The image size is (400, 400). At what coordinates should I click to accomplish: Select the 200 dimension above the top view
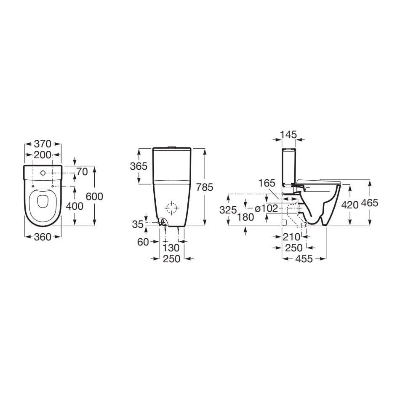(x=43, y=155)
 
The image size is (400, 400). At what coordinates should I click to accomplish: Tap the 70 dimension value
(x=82, y=172)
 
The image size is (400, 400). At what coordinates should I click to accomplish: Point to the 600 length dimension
(x=94, y=196)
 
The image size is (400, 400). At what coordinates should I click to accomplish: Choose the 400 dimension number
(x=75, y=206)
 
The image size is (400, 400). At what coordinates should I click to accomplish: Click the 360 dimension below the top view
(x=43, y=237)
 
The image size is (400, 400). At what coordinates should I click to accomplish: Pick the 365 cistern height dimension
(x=139, y=166)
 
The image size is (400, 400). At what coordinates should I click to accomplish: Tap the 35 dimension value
(x=138, y=224)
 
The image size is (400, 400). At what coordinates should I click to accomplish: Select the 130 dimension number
(x=171, y=248)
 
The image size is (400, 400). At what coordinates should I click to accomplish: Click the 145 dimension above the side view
(x=289, y=135)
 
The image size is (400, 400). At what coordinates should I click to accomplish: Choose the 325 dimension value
(x=228, y=210)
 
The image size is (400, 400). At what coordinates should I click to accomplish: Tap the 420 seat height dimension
(x=349, y=205)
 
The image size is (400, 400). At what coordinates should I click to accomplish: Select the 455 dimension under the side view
(x=304, y=259)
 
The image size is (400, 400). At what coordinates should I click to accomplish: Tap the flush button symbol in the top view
(x=43, y=173)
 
